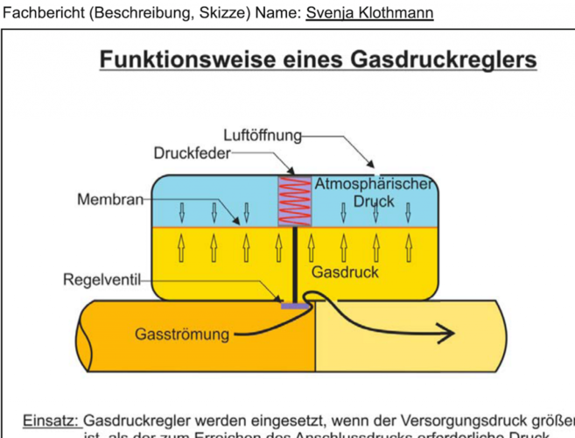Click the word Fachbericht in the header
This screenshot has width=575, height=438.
tap(43, 13)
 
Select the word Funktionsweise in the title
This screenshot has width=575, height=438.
tap(179, 60)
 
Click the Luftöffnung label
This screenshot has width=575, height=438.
tap(263, 135)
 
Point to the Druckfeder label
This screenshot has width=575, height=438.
tap(192, 153)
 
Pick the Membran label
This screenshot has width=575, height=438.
tap(109, 200)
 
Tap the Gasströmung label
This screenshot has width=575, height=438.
tap(182, 334)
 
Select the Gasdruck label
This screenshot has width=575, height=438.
tap(349, 272)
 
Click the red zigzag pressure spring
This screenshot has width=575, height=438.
tap(294, 201)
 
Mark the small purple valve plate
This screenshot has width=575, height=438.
tap(295, 306)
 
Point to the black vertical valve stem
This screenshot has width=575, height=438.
tap(296, 263)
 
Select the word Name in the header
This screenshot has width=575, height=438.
tap(280, 13)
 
